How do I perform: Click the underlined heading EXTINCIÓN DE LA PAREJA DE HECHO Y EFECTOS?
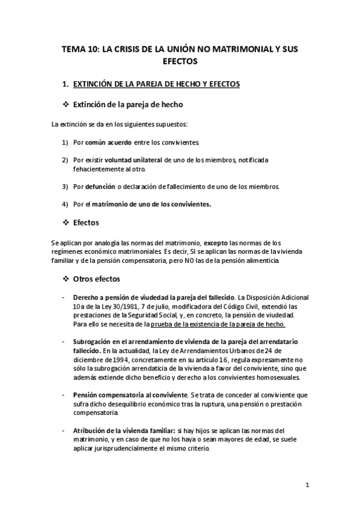click(156, 84)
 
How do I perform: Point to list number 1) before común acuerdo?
click(66, 142)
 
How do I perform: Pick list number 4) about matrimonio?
click(66, 204)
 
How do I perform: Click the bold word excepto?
click(218, 242)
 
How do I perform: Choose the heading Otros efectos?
click(96, 279)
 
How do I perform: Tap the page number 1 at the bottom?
click(307, 485)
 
